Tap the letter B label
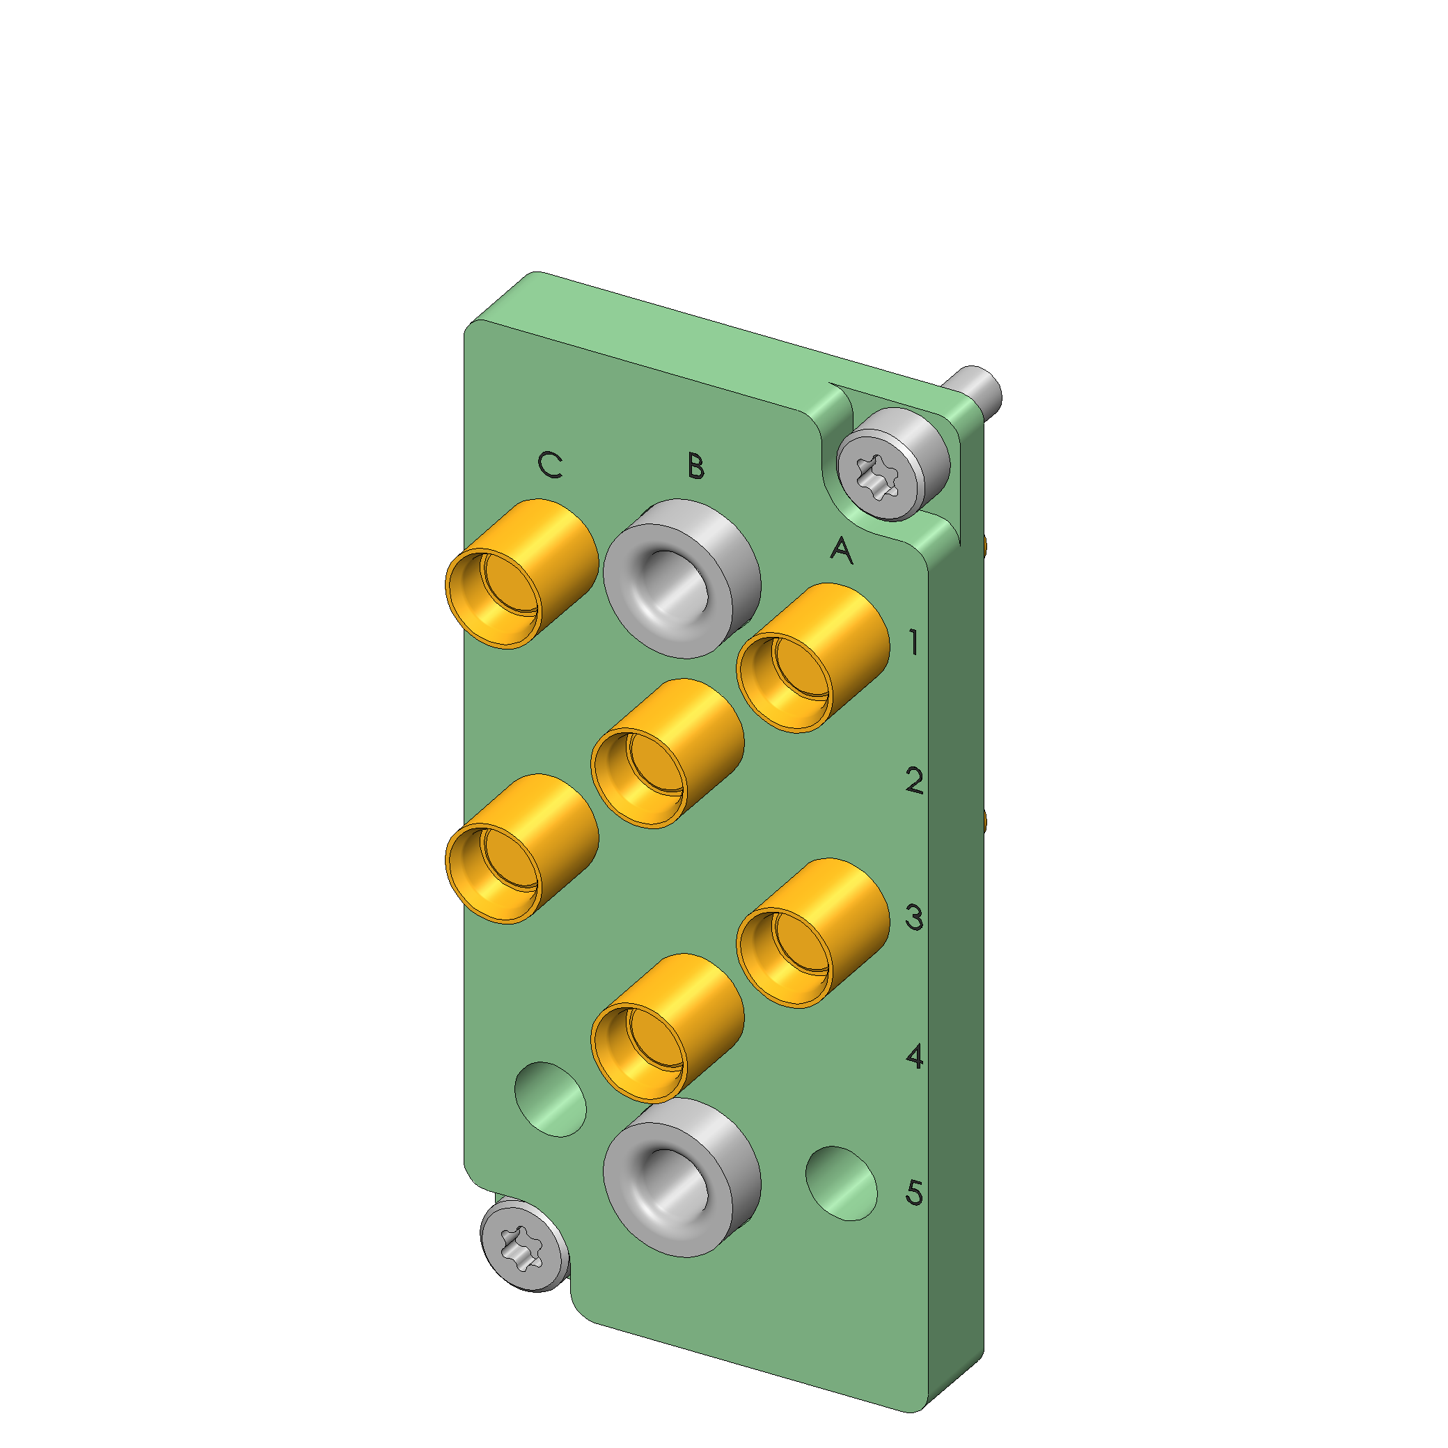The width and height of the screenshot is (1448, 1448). [x=696, y=466]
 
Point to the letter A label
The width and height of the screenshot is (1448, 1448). [x=842, y=550]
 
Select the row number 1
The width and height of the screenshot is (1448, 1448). [x=913, y=643]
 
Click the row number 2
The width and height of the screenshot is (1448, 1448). [x=914, y=780]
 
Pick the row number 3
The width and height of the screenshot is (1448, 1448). [x=914, y=918]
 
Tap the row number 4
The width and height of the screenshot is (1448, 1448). [x=914, y=1056]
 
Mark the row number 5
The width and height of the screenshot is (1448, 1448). [x=914, y=1193]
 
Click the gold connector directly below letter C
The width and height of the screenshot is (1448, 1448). [x=521, y=574]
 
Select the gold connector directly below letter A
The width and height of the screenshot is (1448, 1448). [x=813, y=658]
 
